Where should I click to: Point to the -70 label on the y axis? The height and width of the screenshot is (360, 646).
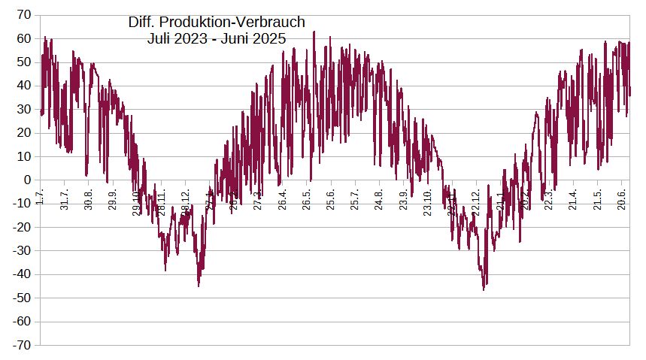click(x=21, y=345)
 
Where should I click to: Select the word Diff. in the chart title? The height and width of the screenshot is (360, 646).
click(x=144, y=23)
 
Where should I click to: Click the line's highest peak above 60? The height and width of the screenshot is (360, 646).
click(x=314, y=32)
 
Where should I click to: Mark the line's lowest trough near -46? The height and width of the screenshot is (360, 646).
click(x=484, y=289)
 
